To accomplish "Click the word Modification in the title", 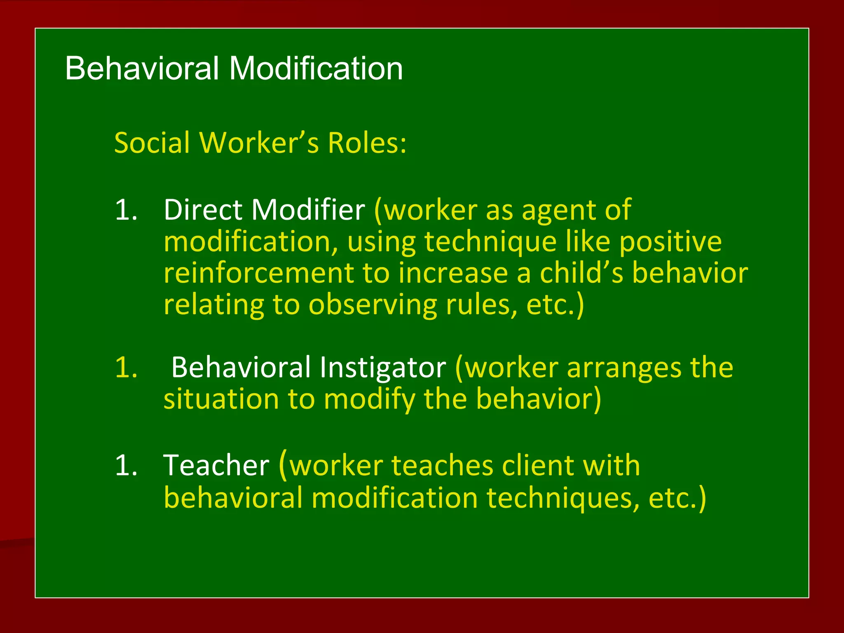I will click(x=316, y=68).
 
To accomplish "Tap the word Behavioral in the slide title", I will click(x=142, y=68).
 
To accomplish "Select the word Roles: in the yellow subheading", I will click(x=367, y=143).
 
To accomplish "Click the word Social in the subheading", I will click(x=151, y=143).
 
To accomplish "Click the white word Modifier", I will click(x=308, y=210).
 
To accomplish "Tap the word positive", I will click(x=671, y=242).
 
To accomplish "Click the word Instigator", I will click(x=382, y=368).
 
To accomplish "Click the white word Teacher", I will click(x=216, y=466).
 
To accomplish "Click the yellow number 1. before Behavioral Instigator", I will click(x=126, y=368).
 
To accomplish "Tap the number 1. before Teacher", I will click(x=126, y=466).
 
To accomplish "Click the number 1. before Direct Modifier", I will click(x=126, y=210).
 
